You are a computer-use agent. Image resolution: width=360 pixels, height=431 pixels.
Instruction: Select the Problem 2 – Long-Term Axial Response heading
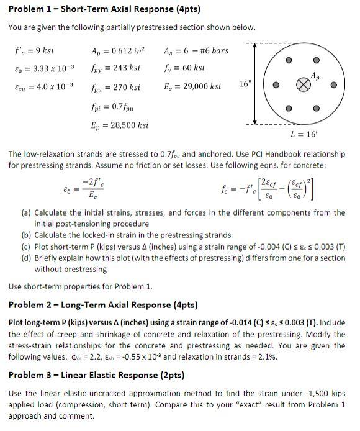(102, 305)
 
